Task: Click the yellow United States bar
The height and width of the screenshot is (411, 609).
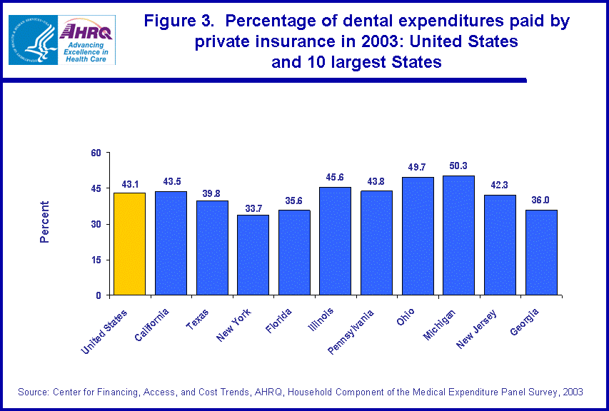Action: [x=129, y=243]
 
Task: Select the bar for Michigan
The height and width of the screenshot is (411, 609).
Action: [x=458, y=235]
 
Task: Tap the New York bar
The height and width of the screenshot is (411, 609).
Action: [x=253, y=255]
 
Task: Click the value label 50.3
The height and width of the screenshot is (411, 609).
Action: [x=458, y=167]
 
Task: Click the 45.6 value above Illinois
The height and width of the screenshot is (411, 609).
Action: [x=335, y=178]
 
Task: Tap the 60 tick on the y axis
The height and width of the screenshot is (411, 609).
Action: [x=95, y=153]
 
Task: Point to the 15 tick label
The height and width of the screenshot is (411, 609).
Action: [x=95, y=260]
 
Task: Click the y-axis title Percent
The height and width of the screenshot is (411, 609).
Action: [x=44, y=223]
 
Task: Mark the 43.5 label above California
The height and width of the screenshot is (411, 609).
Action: [x=171, y=182]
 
